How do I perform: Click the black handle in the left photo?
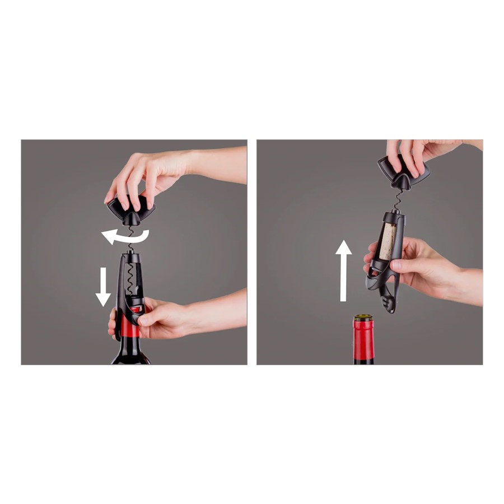coord(130,209)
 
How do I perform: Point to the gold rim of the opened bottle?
coord(363,318)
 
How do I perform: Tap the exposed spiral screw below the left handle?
coord(129,241)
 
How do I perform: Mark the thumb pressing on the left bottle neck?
coord(147,320)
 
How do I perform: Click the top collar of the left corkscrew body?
coord(130,257)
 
